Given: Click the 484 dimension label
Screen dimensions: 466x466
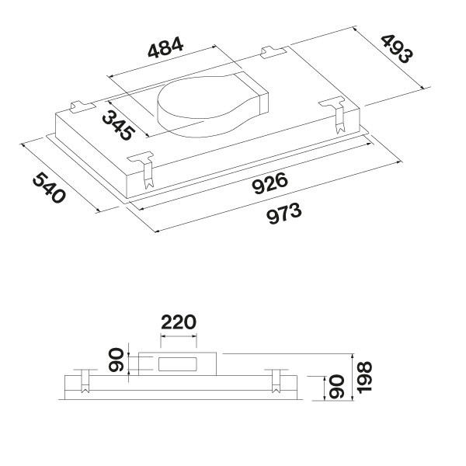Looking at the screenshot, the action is (165, 47).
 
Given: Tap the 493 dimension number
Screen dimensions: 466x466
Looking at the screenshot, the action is (397, 50).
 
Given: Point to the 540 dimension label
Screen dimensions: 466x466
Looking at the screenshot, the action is (49, 188).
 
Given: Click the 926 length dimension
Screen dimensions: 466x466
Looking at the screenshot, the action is (270, 183).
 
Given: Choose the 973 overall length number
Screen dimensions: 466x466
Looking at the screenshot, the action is (283, 214).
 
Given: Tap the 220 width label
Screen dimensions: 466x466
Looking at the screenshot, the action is (179, 322).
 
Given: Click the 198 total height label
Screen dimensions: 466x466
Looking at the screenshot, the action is (364, 377).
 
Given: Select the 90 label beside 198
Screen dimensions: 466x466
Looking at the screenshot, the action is (337, 387).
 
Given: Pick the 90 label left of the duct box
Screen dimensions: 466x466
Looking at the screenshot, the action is (116, 360).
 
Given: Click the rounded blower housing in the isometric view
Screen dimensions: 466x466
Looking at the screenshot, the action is (212, 105).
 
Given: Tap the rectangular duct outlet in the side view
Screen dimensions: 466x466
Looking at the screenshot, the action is (177, 364).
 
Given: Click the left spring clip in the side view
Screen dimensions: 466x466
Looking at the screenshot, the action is (85, 381).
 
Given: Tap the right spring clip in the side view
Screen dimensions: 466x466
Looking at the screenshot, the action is (276, 381).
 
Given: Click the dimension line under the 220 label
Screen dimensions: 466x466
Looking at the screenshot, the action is (179, 336).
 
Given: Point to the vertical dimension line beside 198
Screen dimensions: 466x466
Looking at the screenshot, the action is (353, 377).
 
